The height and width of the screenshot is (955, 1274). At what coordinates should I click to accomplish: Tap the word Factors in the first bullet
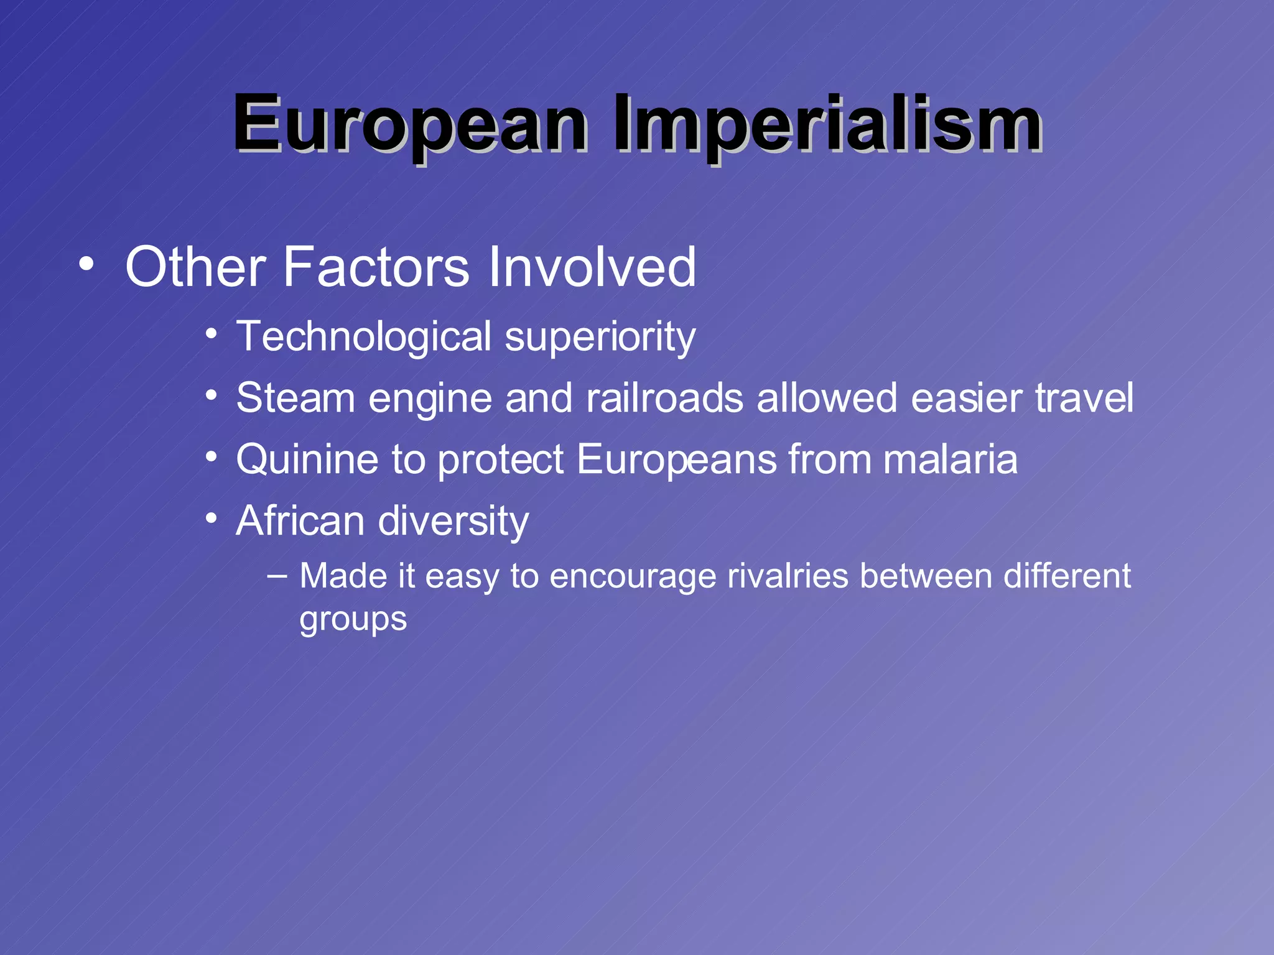click(x=376, y=267)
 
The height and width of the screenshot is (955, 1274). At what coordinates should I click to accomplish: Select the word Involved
click(x=592, y=267)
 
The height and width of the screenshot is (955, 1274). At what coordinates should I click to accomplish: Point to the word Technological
click(x=364, y=337)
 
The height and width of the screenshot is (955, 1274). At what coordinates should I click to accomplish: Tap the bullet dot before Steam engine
click(x=212, y=395)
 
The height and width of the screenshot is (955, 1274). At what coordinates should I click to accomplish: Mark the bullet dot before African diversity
click(x=212, y=518)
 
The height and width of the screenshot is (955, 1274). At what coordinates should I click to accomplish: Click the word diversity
click(x=453, y=521)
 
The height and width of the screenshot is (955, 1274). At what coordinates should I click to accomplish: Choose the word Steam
click(x=295, y=398)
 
